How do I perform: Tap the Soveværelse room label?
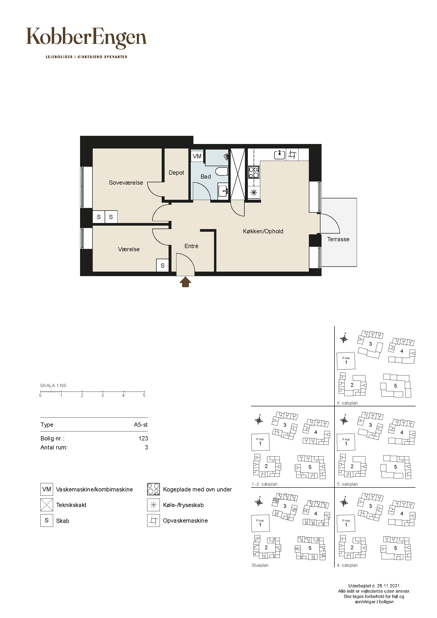[126, 183]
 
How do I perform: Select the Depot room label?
[176, 173]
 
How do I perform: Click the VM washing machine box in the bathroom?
[197, 156]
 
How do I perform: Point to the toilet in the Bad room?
[222, 171]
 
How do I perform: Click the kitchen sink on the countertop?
[280, 155]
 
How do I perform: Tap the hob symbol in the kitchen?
[254, 173]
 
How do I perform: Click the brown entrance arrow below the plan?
[185, 282]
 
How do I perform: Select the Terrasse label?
[338, 239]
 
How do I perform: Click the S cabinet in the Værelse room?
[162, 266]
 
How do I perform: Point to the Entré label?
[191, 246]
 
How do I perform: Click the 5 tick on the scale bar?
[144, 392]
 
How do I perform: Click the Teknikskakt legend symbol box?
[47, 505]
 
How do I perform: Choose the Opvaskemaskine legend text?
[185, 521]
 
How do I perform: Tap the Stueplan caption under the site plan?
[260, 565]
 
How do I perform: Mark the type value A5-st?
[141, 425]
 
